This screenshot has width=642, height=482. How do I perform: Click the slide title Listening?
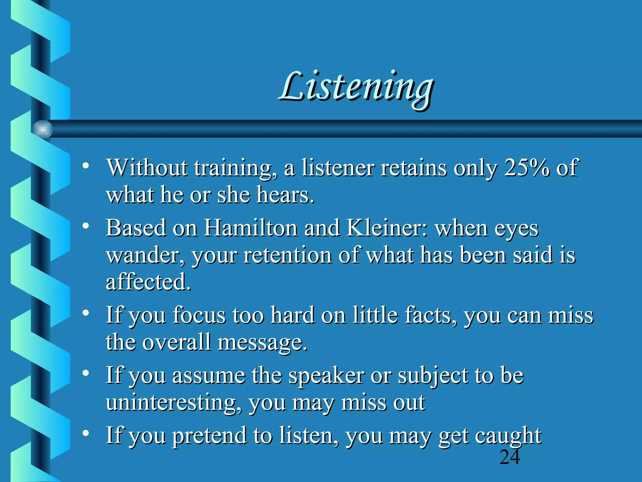[x=356, y=88]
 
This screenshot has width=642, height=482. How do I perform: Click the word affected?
[x=148, y=281]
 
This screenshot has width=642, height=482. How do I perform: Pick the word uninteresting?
[x=173, y=402]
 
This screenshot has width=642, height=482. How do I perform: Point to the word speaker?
[x=326, y=376]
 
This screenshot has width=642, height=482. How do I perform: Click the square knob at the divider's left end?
[x=43, y=129]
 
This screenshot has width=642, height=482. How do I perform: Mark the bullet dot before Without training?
[x=86, y=165]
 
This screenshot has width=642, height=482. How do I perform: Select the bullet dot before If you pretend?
[x=86, y=433]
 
